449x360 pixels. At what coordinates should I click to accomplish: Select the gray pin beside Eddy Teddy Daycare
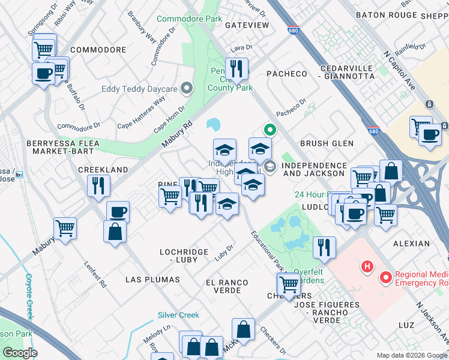186,89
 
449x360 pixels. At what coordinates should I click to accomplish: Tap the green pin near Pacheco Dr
270,129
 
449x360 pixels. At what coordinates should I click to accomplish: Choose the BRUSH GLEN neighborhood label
327,143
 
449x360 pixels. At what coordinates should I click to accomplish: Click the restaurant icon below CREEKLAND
99,186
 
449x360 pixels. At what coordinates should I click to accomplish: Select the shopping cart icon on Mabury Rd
65,228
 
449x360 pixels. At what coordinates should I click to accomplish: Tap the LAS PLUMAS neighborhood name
152,280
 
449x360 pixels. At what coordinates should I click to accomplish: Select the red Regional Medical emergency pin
385,278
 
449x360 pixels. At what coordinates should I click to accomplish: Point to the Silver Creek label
178,315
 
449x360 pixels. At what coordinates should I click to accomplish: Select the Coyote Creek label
28,296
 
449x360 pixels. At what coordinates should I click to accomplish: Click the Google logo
20,353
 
